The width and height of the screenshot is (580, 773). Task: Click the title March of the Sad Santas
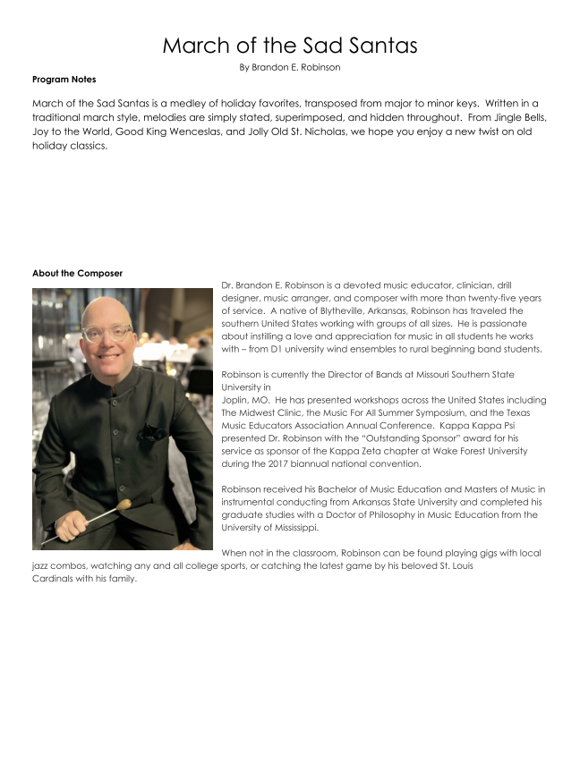click(x=290, y=46)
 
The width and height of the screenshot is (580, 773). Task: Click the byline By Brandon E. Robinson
click(x=290, y=67)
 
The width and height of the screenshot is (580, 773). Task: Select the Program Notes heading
click(x=64, y=80)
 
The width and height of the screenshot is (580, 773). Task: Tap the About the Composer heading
click(x=77, y=273)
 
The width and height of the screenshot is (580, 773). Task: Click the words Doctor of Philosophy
click(x=420, y=514)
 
